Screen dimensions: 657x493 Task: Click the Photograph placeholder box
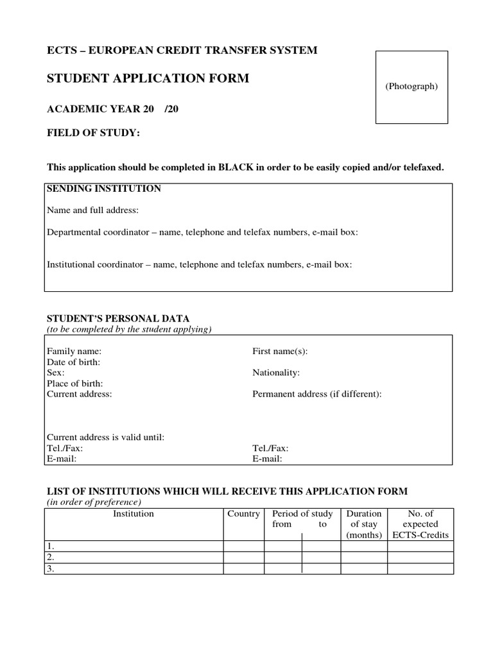pyautogui.click(x=411, y=87)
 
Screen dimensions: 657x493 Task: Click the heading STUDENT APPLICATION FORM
pyautogui.click(x=148, y=79)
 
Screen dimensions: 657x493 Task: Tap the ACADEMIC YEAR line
pyautogui.click(x=113, y=109)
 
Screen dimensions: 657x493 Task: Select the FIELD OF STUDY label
pyautogui.click(x=93, y=133)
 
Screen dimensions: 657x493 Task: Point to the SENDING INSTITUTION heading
pyautogui.click(x=103, y=189)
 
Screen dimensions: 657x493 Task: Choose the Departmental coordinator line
pyautogui.click(x=202, y=232)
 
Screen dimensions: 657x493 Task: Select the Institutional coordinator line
pyautogui.click(x=200, y=264)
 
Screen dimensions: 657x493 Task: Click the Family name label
pyautogui.click(x=74, y=352)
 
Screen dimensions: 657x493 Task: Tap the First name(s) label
pyautogui.click(x=280, y=352)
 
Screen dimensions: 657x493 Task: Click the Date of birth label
pyautogui.click(x=73, y=363)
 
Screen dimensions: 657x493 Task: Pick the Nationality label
pyautogui.click(x=276, y=373)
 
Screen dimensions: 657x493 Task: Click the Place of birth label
pyautogui.click(x=75, y=384)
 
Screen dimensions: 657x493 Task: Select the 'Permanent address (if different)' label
pyautogui.click(x=317, y=394)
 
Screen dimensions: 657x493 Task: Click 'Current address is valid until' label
pyautogui.click(x=106, y=438)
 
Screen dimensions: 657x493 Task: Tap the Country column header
pyautogui.click(x=243, y=514)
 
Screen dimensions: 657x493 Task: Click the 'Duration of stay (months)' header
pyautogui.click(x=364, y=524)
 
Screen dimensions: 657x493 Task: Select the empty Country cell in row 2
pyautogui.click(x=243, y=558)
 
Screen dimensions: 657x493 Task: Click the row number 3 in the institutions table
pyautogui.click(x=51, y=568)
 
